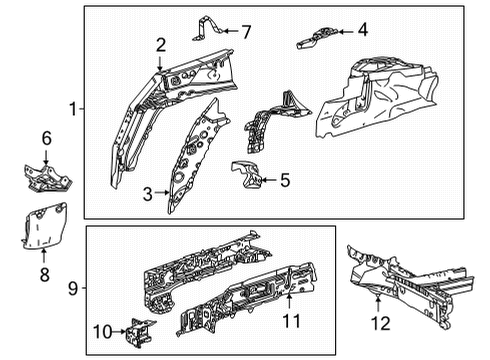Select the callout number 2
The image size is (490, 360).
(160, 43)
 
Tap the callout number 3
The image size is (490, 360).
(148, 194)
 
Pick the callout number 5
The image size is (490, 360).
(285, 181)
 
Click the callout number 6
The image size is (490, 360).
(44, 138)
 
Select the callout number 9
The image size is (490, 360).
(73, 290)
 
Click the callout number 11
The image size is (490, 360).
(291, 322)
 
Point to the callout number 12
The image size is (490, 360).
(380, 322)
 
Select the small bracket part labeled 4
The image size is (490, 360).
(318, 37)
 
